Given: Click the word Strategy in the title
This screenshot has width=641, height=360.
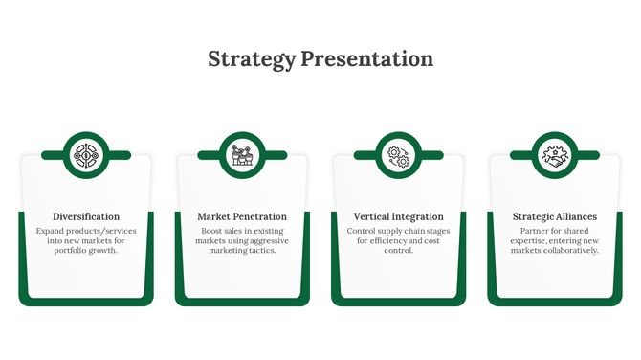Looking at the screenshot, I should (x=252, y=59).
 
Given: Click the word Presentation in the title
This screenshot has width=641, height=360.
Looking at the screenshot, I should (x=366, y=59).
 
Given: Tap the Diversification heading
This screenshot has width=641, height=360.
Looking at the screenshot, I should (x=86, y=216).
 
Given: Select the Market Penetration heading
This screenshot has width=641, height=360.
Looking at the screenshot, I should (x=242, y=216).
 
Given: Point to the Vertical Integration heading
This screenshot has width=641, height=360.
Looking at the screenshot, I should (x=398, y=216).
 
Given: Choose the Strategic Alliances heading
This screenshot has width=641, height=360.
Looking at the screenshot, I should (x=554, y=216).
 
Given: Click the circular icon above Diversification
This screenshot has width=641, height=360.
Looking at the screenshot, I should (x=86, y=154).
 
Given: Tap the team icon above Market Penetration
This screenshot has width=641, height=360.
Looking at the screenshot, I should (x=242, y=154).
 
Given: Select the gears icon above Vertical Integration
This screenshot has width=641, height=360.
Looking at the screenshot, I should (x=398, y=154).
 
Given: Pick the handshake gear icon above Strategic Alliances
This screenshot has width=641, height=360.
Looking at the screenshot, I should (x=554, y=154).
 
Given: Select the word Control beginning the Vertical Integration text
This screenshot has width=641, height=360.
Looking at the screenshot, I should (x=363, y=232).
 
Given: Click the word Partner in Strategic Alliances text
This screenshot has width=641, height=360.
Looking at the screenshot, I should (x=535, y=232).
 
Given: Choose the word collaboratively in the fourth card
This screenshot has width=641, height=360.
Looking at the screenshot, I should (x=570, y=251).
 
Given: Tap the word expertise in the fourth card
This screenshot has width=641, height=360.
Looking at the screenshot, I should (x=529, y=241).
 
